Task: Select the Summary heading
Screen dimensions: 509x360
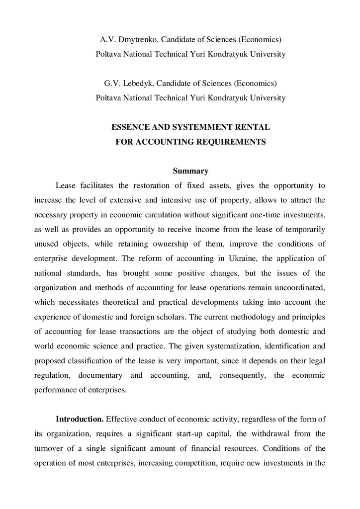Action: click(x=190, y=171)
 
